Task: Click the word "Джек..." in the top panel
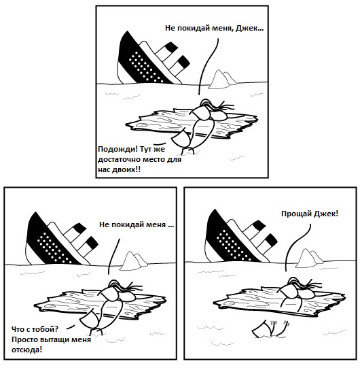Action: click(x=249, y=29)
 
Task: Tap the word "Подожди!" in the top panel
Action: click(x=118, y=150)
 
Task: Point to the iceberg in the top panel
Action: click(x=222, y=79)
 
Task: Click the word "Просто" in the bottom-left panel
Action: click(x=24, y=339)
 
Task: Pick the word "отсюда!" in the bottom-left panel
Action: click(x=26, y=350)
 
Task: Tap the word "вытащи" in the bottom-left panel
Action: click(x=55, y=340)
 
